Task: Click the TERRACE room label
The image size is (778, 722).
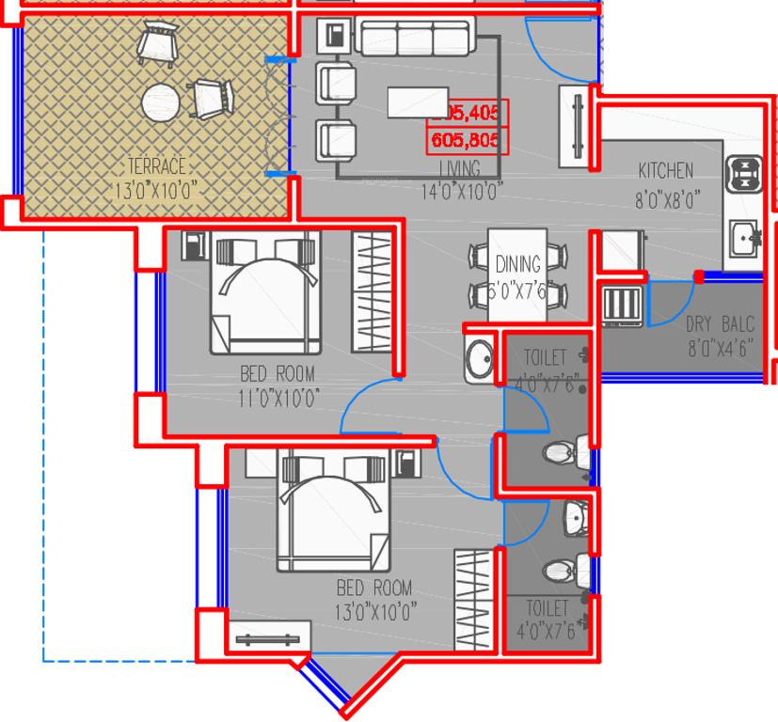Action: (156, 166)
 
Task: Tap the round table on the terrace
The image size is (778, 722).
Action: (161, 102)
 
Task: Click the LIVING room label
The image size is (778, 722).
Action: (460, 168)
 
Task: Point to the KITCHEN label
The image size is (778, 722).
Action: (665, 171)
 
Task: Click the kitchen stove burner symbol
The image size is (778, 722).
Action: (744, 173)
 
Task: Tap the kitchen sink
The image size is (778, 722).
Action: (744, 236)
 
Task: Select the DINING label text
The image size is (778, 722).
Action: (517, 264)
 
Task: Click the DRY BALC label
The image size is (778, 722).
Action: (720, 325)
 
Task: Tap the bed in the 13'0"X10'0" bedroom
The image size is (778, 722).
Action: (335, 511)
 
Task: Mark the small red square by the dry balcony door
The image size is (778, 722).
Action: (699, 275)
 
